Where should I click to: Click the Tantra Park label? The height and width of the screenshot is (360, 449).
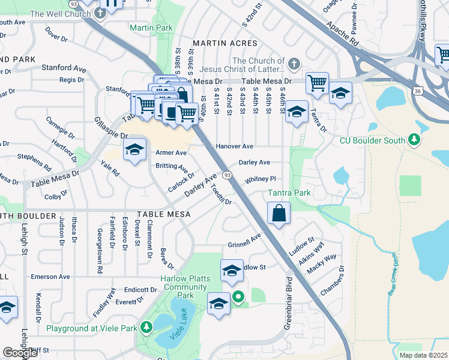(289, 193)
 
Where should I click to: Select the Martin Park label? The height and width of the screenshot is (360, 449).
(151, 28)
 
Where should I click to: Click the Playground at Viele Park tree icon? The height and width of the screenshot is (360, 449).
(146, 327)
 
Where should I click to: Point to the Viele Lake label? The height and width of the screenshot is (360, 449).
(178, 324)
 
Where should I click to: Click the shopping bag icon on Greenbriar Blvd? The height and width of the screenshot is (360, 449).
(280, 213)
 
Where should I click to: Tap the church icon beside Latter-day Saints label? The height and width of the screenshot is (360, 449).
(294, 63)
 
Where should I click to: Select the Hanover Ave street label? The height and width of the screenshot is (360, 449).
(235, 146)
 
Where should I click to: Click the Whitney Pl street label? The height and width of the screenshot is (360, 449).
(261, 179)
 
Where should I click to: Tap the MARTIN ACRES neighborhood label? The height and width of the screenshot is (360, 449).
(224, 43)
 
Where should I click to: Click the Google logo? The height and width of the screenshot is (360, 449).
(20, 353)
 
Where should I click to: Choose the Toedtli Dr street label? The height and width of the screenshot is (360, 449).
(220, 196)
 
